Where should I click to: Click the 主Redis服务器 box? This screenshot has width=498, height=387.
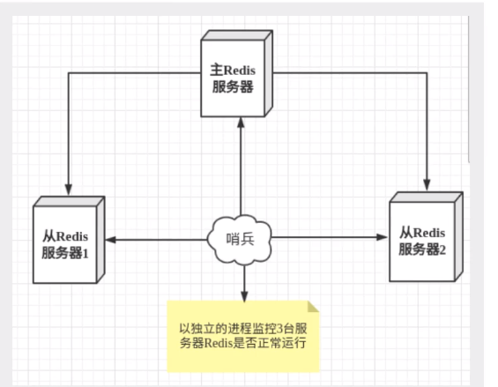coord(236,74)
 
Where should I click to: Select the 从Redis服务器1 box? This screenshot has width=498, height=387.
coord(69,240)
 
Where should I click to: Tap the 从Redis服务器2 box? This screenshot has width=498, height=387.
coord(426,237)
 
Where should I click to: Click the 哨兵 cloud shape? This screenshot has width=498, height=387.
coord(240,240)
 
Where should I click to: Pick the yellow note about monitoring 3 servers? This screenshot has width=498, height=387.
coord(243,336)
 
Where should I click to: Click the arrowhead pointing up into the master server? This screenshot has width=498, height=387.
coord(241,123)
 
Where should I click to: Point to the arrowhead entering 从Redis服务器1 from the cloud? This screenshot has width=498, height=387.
coord(110,240)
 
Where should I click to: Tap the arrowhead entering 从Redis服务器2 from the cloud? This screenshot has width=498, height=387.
coord(382,237)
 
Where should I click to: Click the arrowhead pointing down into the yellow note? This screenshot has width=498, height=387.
coord(244,296)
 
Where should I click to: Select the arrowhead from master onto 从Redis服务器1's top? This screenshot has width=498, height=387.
coord(69,190)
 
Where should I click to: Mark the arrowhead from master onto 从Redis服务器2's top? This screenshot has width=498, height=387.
coord(427,185)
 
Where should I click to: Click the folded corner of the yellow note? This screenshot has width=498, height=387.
coord(313,307)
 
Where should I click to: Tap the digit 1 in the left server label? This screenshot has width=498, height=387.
coord(85,254)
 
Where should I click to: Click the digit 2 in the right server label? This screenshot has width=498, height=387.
coord(442,249)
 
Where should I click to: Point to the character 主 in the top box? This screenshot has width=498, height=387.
coord(217,70)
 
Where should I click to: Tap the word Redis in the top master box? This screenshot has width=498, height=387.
coord(240,71)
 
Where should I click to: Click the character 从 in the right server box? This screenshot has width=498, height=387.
coord(406,233)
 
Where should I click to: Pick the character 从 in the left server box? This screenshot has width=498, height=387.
coord(49,237)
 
